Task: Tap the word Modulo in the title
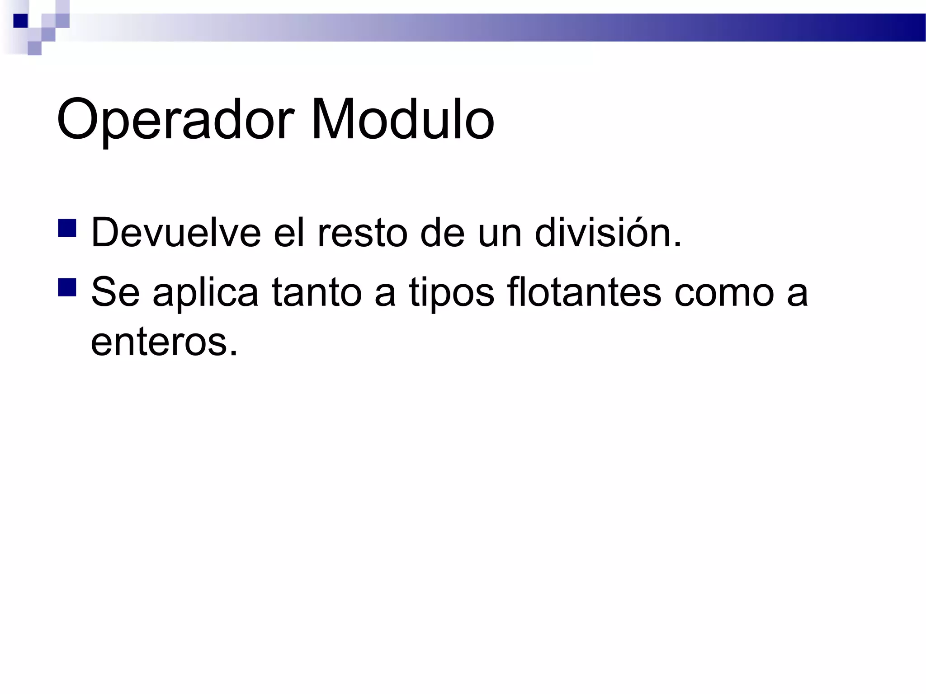click(x=402, y=120)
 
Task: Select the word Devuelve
click(x=176, y=233)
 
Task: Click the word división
click(x=608, y=233)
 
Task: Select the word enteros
click(x=164, y=342)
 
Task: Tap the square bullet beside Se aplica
click(x=67, y=287)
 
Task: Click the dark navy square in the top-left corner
click(x=20, y=21)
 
